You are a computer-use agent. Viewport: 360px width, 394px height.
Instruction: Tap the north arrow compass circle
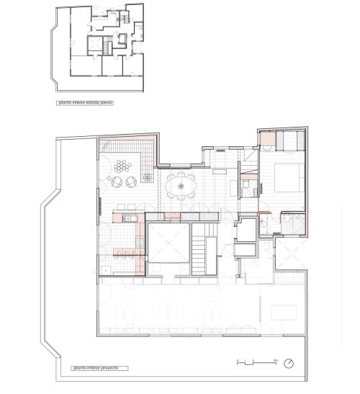pyautogui.click(x=289, y=362)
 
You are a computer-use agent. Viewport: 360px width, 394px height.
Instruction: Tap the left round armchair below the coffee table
pyautogui.click(x=116, y=182)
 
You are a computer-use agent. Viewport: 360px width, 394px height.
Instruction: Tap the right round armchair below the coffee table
pyautogui.click(x=130, y=182)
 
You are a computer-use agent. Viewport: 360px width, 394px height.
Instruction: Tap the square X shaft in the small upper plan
pyautogui.click(x=93, y=44)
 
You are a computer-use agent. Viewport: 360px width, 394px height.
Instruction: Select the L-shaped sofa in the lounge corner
pyautogui.click(x=141, y=156)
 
